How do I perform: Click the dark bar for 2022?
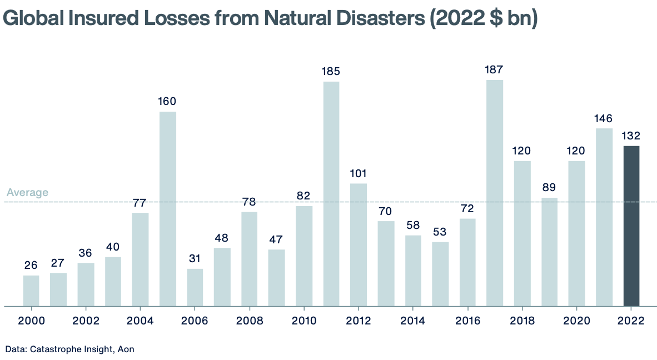631,226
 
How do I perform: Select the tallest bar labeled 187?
495,193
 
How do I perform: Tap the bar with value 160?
168,208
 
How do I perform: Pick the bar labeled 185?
331,193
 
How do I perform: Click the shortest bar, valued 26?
31,291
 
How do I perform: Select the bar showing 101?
359,244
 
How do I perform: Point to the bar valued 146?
604,217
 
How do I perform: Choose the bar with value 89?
549,252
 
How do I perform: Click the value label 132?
631,136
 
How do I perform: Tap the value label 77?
140,202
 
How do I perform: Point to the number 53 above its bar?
440,232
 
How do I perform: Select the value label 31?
195,258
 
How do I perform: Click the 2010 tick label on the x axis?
304,321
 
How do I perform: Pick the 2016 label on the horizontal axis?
467,321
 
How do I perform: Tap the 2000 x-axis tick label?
31,321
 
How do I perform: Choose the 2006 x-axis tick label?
195,321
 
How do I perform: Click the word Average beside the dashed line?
27,193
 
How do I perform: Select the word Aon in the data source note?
126,349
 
